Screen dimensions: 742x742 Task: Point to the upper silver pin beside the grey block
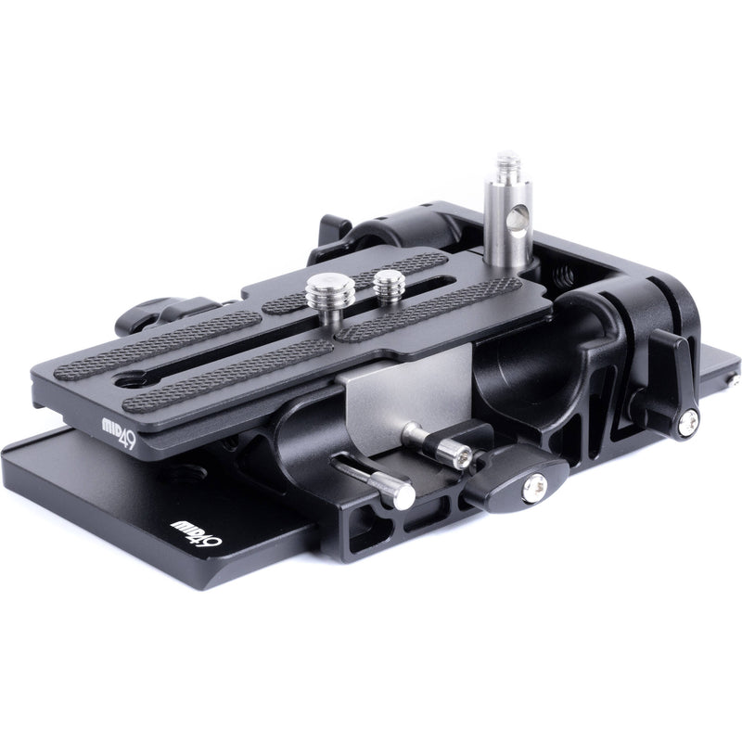coord(436,443)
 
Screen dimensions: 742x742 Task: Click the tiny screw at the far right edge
coord(733,379)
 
